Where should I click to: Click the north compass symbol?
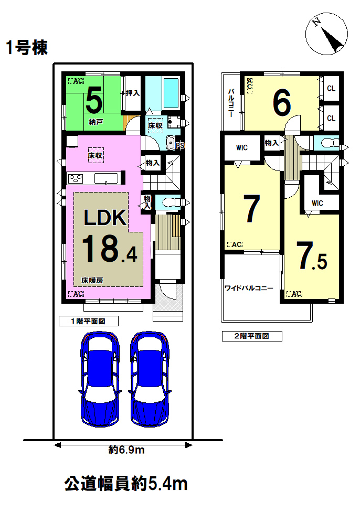(x=326, y=35)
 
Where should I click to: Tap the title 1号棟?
(x=27, y=47)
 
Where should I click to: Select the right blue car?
(x=150, y=379)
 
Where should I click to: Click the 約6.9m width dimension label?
(x=126, y=450)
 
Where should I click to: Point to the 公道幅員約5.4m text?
(x=126, y=484)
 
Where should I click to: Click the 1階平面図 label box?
(x=88, y=321)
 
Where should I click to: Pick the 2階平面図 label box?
(x=252, y=336)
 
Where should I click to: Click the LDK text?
(x=105, y=218)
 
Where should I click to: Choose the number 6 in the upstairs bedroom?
(x=282, y=103)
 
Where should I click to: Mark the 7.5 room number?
(x=312, y=256)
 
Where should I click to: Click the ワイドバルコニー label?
(x=249, y=288)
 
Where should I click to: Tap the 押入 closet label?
(x=133, y=93)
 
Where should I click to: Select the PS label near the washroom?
(x=180, y=146)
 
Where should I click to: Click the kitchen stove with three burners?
(x=76, y=179)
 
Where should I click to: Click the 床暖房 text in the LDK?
(x=92, y=281)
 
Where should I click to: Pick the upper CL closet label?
(x=331, y=88)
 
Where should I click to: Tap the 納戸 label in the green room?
(x=96, y=122)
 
